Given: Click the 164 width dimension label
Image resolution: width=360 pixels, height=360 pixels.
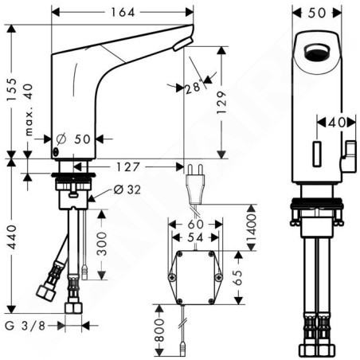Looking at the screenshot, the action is pos(123,13).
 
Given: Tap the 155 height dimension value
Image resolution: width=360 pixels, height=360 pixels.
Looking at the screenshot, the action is pos(12,89).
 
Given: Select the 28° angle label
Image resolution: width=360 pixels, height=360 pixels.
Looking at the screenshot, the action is pos(193,87).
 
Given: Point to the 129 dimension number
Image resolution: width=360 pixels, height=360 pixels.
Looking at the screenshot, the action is pos(221,103).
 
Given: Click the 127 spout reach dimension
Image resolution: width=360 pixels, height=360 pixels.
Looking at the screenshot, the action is pos(127,167).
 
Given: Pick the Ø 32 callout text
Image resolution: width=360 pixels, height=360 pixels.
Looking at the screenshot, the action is pos(127,190).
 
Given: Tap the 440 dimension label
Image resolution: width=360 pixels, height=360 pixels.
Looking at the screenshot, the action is pos(12,237).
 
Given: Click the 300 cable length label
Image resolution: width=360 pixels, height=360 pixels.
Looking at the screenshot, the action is pos(101,244).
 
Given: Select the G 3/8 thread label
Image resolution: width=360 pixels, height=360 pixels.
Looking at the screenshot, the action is pos(25,326).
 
